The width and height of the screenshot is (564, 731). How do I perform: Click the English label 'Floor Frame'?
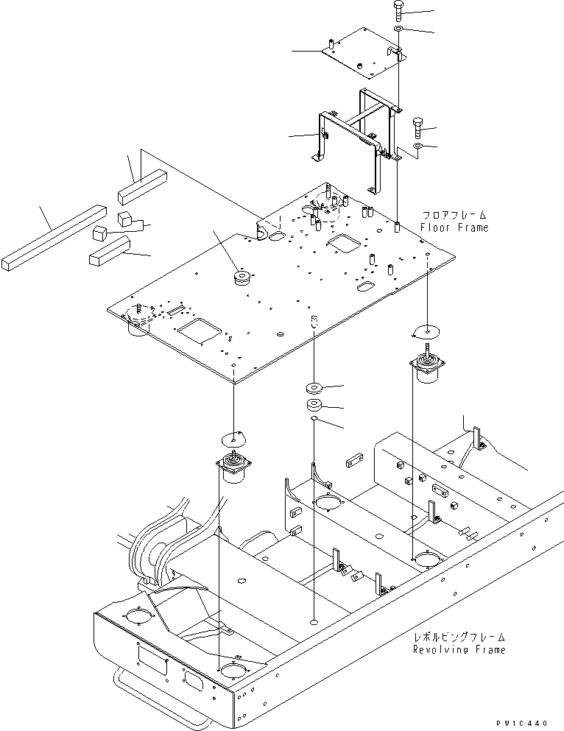pyautogui.click(x=454, y=227)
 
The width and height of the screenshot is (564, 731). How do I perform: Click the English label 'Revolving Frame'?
pyautogui.click(x=459, y=649)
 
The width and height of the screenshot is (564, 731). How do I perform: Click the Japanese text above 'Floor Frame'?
pyautogui.click(x=454, y=215)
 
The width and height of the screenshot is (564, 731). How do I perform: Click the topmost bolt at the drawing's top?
pyautogui.click(x=398, y=11)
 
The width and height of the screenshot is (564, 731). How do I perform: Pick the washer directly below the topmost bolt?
pyautogui.click(x=398, y=29)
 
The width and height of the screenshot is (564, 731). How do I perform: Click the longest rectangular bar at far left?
pyautogui.click(x=54, y=237)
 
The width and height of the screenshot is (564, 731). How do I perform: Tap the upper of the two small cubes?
pyautogui.click(x=124, y=218)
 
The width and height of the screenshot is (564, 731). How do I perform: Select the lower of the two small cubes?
pyautogui.click(x=100, y=233)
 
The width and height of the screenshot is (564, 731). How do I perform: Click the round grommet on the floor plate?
pyautogui.click(x=242, y=278)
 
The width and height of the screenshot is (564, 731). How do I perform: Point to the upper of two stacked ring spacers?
pyautogui.click(x=314, y=387)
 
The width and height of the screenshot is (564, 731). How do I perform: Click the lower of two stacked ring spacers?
pyautogui.click(x=314, y=405)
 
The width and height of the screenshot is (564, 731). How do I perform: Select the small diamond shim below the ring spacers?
pyautogui.click(x=314, y=418)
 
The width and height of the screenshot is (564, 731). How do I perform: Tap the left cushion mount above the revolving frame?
pyautogui.click(x=233, y=469)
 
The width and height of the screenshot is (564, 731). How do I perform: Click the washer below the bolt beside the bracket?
pyautogui.click(x=417, y=147)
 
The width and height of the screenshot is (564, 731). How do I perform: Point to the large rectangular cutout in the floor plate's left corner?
pyautogui.click(x=199, y=331)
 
